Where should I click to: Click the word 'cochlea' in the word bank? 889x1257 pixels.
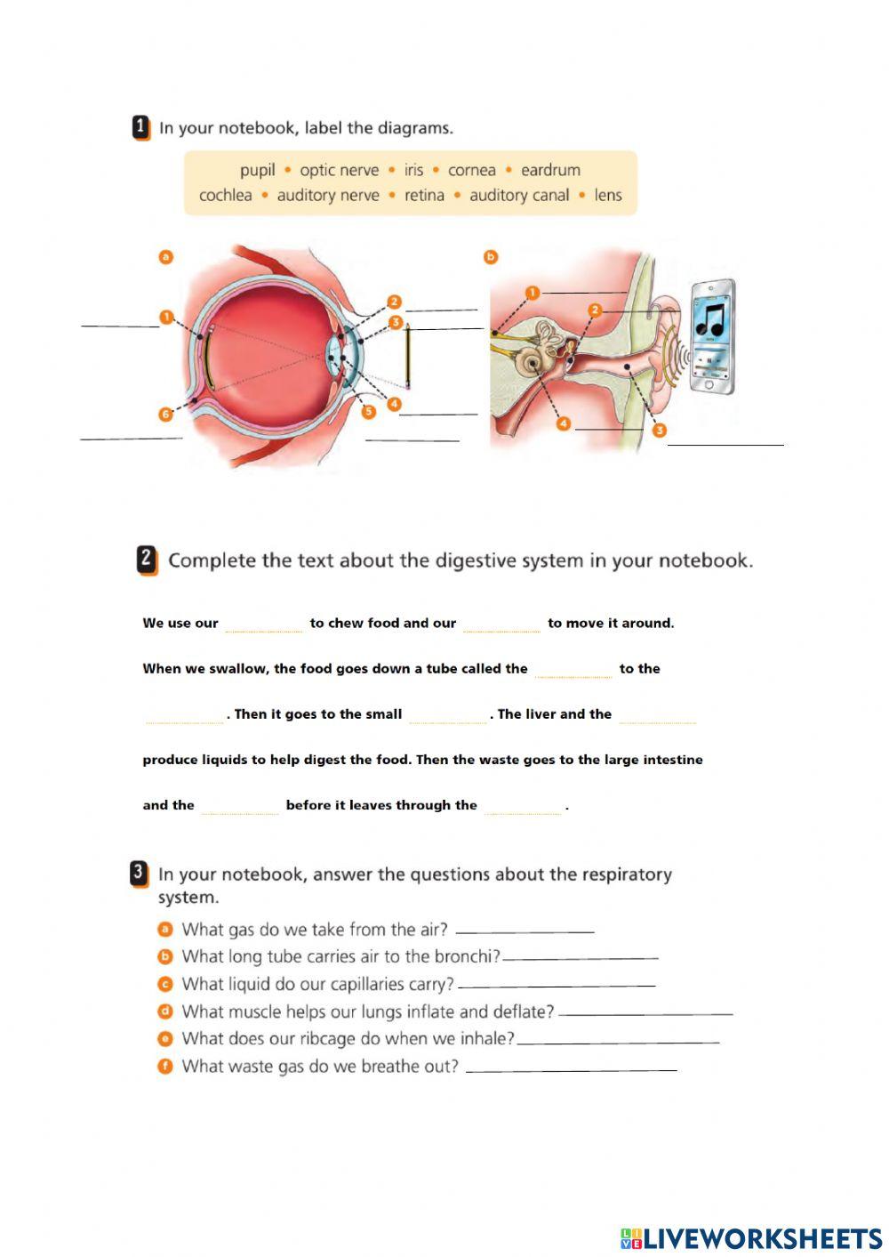click(x=225, y=196)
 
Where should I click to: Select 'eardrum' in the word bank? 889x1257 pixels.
click(x=550, y=170)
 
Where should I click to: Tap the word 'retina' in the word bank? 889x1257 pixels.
click(x=424, y=196)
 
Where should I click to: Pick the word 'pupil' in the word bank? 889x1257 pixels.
click(x=257, y=170)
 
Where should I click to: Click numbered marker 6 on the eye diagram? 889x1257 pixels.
click(x=165, y=415)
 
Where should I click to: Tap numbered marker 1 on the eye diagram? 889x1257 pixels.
click(x=166, y=317)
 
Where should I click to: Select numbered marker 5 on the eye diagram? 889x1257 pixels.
click(x=368, y=411)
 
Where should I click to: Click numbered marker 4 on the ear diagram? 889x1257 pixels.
click(x=563, y=424)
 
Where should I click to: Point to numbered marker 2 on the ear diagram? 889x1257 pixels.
click(x=595, y=310)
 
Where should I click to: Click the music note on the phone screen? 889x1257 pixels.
click(x=710, y=318)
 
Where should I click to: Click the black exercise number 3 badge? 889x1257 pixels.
click(x=139, y=874)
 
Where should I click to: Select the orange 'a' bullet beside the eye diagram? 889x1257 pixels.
click(x=164, y=258)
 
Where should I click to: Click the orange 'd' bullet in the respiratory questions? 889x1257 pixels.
click(x=164, y=1011)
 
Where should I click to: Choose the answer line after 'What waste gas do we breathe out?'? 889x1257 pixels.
click(x=571, y=1068)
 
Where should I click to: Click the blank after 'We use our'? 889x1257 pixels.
click(x=264, y=624)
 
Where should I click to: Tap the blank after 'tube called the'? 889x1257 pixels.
click(x=573, y=670)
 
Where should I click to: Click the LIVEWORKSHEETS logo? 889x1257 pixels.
click(x=751, y=1238)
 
